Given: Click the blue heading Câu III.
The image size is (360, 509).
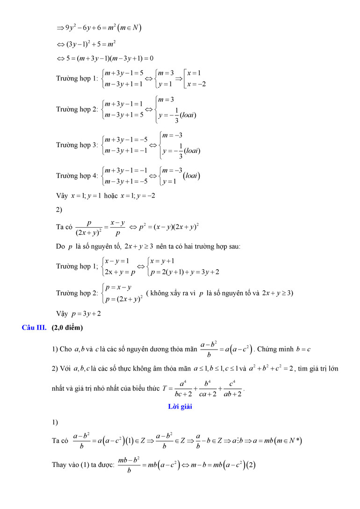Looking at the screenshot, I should tap(34, 328).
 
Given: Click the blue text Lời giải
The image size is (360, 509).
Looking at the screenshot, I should tap(180, 406).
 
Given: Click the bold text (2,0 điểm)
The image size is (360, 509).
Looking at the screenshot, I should tap(67, 328).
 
